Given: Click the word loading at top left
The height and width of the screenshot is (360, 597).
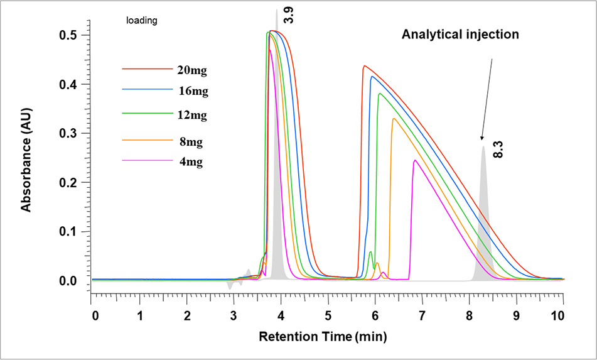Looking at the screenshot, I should (x=142, y=20).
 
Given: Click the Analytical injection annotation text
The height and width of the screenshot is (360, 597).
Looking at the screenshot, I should (x=460, y=35).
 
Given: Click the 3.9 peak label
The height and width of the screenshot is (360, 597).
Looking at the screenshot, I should (x=288, y=14).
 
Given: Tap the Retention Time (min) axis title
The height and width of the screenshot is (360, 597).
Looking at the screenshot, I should (x=323, y=337).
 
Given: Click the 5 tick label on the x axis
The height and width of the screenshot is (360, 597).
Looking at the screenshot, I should (x=328, y=314).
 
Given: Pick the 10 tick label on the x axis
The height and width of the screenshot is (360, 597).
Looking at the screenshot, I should (x=562, y=314).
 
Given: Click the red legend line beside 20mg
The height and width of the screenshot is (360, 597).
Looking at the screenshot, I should (x=148, y=68).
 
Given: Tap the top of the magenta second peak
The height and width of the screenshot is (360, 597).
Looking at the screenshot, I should (x=415, y=160).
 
